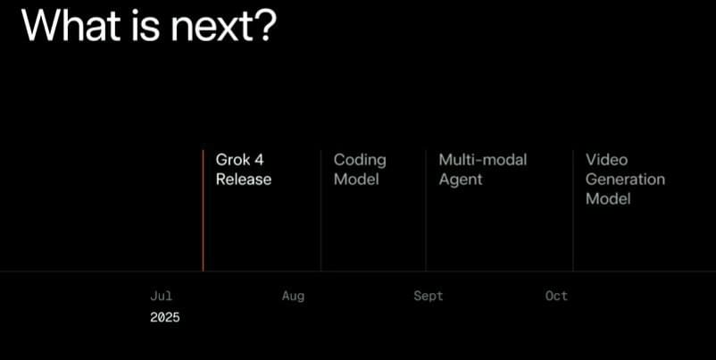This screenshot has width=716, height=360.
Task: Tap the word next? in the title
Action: pos(224,26)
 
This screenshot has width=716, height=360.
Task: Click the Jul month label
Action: pos(162,296)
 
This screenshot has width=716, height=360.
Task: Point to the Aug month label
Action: pos(293,297)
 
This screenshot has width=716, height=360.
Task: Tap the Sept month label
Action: pos(429,297)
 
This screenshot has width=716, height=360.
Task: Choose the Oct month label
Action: pos(556,296)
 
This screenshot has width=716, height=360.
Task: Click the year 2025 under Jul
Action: pos(165,317)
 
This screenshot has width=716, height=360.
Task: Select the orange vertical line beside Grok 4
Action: pos(204,211)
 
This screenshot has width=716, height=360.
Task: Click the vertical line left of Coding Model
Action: pos(321,211)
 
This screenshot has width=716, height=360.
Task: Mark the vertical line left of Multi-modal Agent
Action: pos(426,211)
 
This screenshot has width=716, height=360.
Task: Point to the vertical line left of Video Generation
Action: pos(573,211)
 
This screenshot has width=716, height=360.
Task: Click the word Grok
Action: pos(233,160)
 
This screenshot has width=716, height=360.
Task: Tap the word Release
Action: pos(244,180)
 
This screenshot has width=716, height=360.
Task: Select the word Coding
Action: pos(360,161)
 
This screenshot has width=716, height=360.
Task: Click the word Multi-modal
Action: pos(483,160)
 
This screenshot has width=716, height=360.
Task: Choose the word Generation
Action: pos(625,180)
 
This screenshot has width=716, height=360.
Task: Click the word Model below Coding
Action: pos(356,180)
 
